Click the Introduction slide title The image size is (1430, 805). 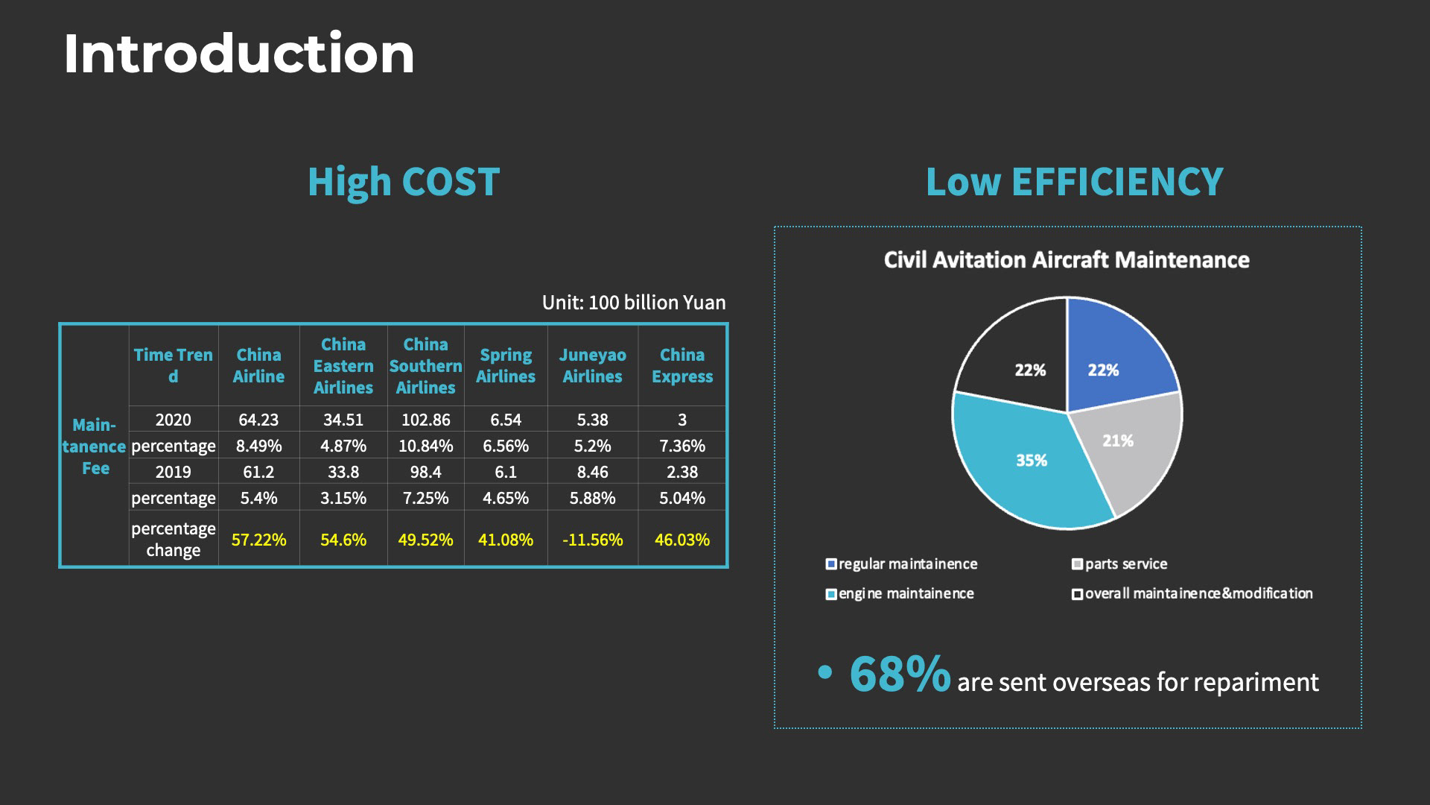click(238, 54)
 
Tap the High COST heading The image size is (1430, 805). click(403, 182)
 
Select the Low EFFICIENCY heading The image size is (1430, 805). click(1074, 182)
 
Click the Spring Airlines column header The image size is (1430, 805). click(505, 366)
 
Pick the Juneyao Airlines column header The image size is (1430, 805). click(592, 366)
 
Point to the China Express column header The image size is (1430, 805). click(681, 366)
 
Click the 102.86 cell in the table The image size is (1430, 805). click(425, 420)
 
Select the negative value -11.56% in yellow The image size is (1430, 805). click(592, 540)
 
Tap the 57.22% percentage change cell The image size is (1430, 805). click(258, 540)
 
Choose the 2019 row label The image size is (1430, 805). click(173, 472)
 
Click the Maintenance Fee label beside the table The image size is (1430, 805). click(95, 446)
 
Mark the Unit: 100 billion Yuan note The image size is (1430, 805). click(633, 303)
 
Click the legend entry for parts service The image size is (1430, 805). click(1125, 564)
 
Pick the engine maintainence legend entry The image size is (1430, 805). click(906, 594)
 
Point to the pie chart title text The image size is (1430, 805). click(1067, 260)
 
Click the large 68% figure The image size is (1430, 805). click(900, 675)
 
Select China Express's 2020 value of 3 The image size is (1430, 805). click(681, 420)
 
